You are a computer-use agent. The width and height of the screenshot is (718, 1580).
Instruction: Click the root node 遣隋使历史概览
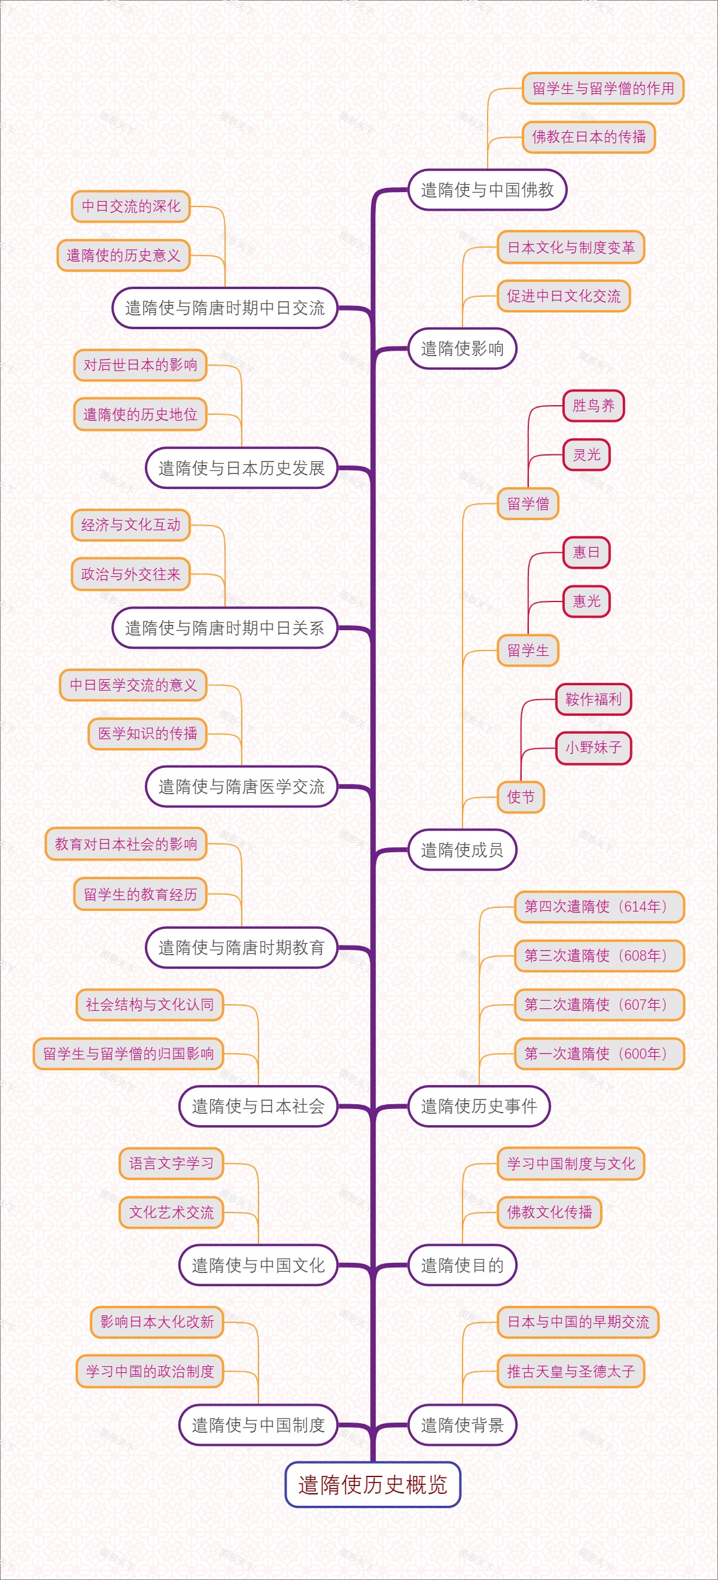[372, 1484]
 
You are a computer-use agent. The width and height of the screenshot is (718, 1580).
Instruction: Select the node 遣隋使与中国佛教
[487, 190]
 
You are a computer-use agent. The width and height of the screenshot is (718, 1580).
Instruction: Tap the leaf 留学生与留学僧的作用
[603, 89]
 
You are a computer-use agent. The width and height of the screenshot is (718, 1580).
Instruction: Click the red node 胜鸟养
[593, 405]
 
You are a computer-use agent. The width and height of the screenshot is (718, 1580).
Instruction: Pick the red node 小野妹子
[593, 748]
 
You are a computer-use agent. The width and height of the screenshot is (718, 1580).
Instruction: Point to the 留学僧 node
[527, 503]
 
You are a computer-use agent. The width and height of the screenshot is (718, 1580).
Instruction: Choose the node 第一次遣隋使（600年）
[598, 1053]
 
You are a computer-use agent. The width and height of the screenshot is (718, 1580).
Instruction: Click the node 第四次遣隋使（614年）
[598, 907]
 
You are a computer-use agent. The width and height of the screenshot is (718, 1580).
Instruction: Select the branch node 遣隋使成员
[462, 849]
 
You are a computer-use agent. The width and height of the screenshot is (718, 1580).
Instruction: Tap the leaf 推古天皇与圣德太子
[570, 1371]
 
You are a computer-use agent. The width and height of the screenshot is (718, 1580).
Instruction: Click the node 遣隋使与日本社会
[258, 1106]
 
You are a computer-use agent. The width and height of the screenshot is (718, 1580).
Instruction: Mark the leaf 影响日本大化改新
[157, 1322]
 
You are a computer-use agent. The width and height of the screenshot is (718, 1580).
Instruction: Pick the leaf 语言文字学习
[171, 1163]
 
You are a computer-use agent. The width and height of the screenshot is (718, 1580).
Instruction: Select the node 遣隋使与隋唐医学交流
[241, 786]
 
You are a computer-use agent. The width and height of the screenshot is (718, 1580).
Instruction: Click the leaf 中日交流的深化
[130, 206]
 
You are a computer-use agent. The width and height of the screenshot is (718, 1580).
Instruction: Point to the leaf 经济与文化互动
[130, 525]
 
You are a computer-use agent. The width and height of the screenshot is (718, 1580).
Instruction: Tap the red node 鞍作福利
[593, 699]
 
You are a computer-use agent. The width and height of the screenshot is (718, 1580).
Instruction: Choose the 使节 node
[521, 797]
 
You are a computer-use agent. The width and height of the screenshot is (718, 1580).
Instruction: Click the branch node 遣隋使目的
[462, 1265]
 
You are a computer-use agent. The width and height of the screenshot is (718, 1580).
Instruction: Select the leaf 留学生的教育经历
[141, 894]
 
